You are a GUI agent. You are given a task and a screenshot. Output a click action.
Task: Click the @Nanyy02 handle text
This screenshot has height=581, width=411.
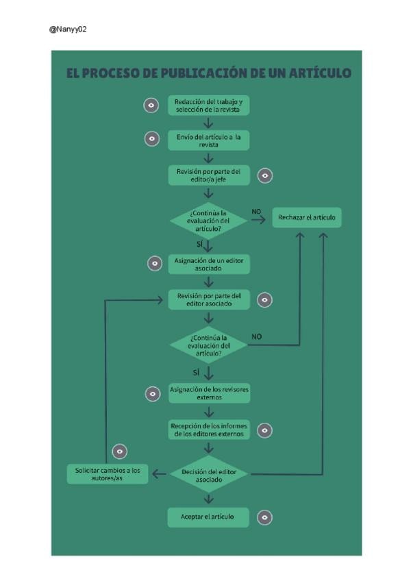[x=68, y=29]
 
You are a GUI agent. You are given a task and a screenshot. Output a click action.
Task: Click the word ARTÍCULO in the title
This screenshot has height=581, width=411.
[x=320, y=73]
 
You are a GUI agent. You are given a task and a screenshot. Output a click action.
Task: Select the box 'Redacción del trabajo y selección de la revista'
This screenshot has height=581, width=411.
[x=209, y=106]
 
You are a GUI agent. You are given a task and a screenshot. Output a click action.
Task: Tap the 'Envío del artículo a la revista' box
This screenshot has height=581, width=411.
[x=209, y=140]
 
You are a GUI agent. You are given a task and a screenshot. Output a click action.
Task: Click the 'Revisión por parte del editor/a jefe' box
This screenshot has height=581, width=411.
[x=209, y=175]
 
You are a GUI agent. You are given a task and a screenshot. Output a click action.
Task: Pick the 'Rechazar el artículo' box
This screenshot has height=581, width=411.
[x=307, y=217]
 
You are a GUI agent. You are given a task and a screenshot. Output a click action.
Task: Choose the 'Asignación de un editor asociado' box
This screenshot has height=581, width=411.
[x=209, y=264]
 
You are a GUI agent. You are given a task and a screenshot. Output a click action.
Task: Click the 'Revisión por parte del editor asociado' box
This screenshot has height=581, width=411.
[x=209, y=300]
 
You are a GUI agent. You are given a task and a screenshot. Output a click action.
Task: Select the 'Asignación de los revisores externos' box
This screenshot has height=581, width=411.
[x=210, y=393]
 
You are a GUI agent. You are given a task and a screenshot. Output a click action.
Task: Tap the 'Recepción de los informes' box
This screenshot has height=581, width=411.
[x=209, y=430]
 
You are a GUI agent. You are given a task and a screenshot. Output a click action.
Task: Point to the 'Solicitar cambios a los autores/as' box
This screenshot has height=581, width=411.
[x=108, y=474]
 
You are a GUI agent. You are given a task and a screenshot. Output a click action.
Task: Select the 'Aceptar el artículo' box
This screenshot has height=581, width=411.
[x=208, y=517]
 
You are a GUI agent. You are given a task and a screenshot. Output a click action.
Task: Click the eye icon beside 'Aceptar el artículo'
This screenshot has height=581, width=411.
[x=264, y=517]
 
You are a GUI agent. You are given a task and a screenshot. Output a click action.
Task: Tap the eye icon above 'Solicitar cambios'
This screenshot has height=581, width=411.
[x=120, y=452]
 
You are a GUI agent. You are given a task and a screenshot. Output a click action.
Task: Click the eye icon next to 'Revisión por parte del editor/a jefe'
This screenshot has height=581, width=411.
[x=265, y=175]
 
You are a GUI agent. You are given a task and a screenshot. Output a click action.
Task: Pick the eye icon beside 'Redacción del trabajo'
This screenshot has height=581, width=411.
[x=151, y=106]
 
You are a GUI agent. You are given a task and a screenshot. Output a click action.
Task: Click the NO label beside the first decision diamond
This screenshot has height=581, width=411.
[x=256, y=212]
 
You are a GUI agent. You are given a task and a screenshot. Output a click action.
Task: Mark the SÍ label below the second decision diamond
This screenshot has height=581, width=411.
[x=196, y=372]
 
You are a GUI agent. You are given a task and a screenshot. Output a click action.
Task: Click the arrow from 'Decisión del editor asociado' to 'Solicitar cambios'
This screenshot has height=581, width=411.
[x=160, y=474]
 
